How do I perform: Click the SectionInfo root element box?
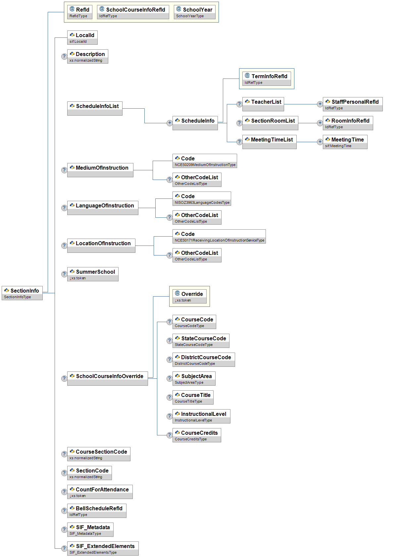(x=22, y=293)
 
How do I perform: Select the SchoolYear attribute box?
(x=194, y=12)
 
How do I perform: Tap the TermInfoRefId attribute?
(x=267, y=79)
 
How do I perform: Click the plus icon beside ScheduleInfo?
(x=170, y=123)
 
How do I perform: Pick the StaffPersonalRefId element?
(x=353, y=104)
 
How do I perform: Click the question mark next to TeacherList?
(x=239, y=104)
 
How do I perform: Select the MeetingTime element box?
(x=345, y=142)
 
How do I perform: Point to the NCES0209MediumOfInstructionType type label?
(x=205, y=165)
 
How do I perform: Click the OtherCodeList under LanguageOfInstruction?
(x=197, y=217)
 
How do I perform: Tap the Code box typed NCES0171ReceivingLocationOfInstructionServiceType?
(x=219, y=236)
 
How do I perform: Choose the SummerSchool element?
(x=93, y=274)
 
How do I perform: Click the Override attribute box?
(x=189, y=296)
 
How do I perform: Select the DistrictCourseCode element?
(x=204, y=360)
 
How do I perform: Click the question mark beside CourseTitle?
(x=169, y=397)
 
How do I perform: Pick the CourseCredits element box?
(x=197, y=435)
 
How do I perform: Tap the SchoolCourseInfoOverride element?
(x=107, y=378)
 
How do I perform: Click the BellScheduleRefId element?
(x=97, y=511)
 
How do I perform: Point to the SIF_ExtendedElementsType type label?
(x=93, y=552)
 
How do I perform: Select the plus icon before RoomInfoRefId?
(x=320, y=123)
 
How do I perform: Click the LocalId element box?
(x=82, y=37)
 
